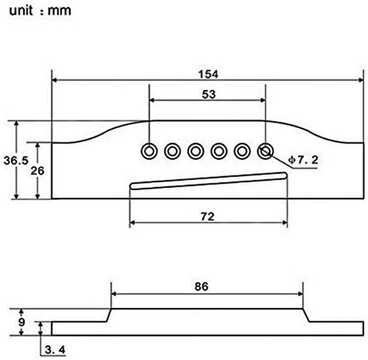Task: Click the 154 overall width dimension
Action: (208, 74)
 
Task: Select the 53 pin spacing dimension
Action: (209, 94)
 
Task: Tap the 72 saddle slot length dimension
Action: (207, 216)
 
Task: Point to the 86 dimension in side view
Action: (202, 287)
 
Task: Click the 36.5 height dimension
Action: (16, 161)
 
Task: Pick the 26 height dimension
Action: (37, 171)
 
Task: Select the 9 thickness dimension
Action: (22, 322)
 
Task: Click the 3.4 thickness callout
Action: (55, 350)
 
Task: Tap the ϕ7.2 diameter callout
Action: (303, 160)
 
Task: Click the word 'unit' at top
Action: (21, 11)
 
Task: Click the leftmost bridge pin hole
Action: (149, 152)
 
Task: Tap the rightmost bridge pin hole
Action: (265, 152)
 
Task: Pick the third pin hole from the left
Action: (196, 152)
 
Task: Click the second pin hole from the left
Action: (172, 152)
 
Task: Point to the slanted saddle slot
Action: (208, 181)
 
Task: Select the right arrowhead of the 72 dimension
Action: (284, 223)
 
